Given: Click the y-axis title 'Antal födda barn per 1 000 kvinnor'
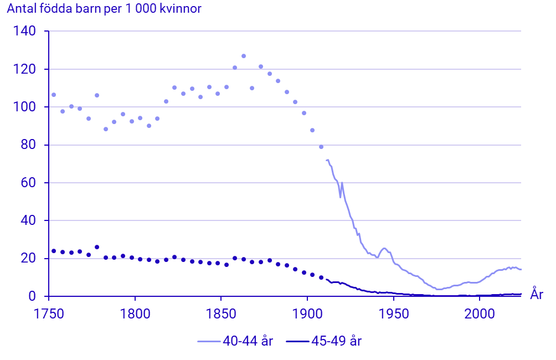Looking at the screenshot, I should [x=104, y=9].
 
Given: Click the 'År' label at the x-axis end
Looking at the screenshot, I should [x=537, y=294].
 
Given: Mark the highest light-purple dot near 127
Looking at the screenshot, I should [x=244, y=56].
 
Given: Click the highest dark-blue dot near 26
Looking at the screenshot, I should [x=97, y=247].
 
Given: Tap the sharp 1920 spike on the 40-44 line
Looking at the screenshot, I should [x=342, y=183].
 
